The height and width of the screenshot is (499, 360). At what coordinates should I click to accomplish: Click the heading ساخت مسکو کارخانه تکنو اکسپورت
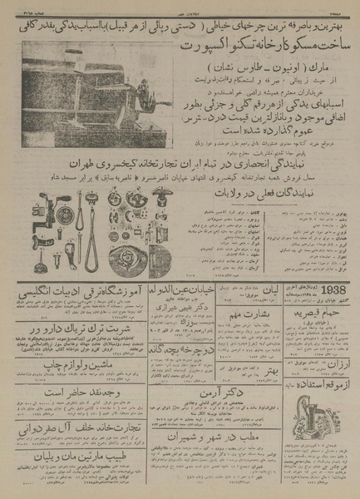coord(180,41)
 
